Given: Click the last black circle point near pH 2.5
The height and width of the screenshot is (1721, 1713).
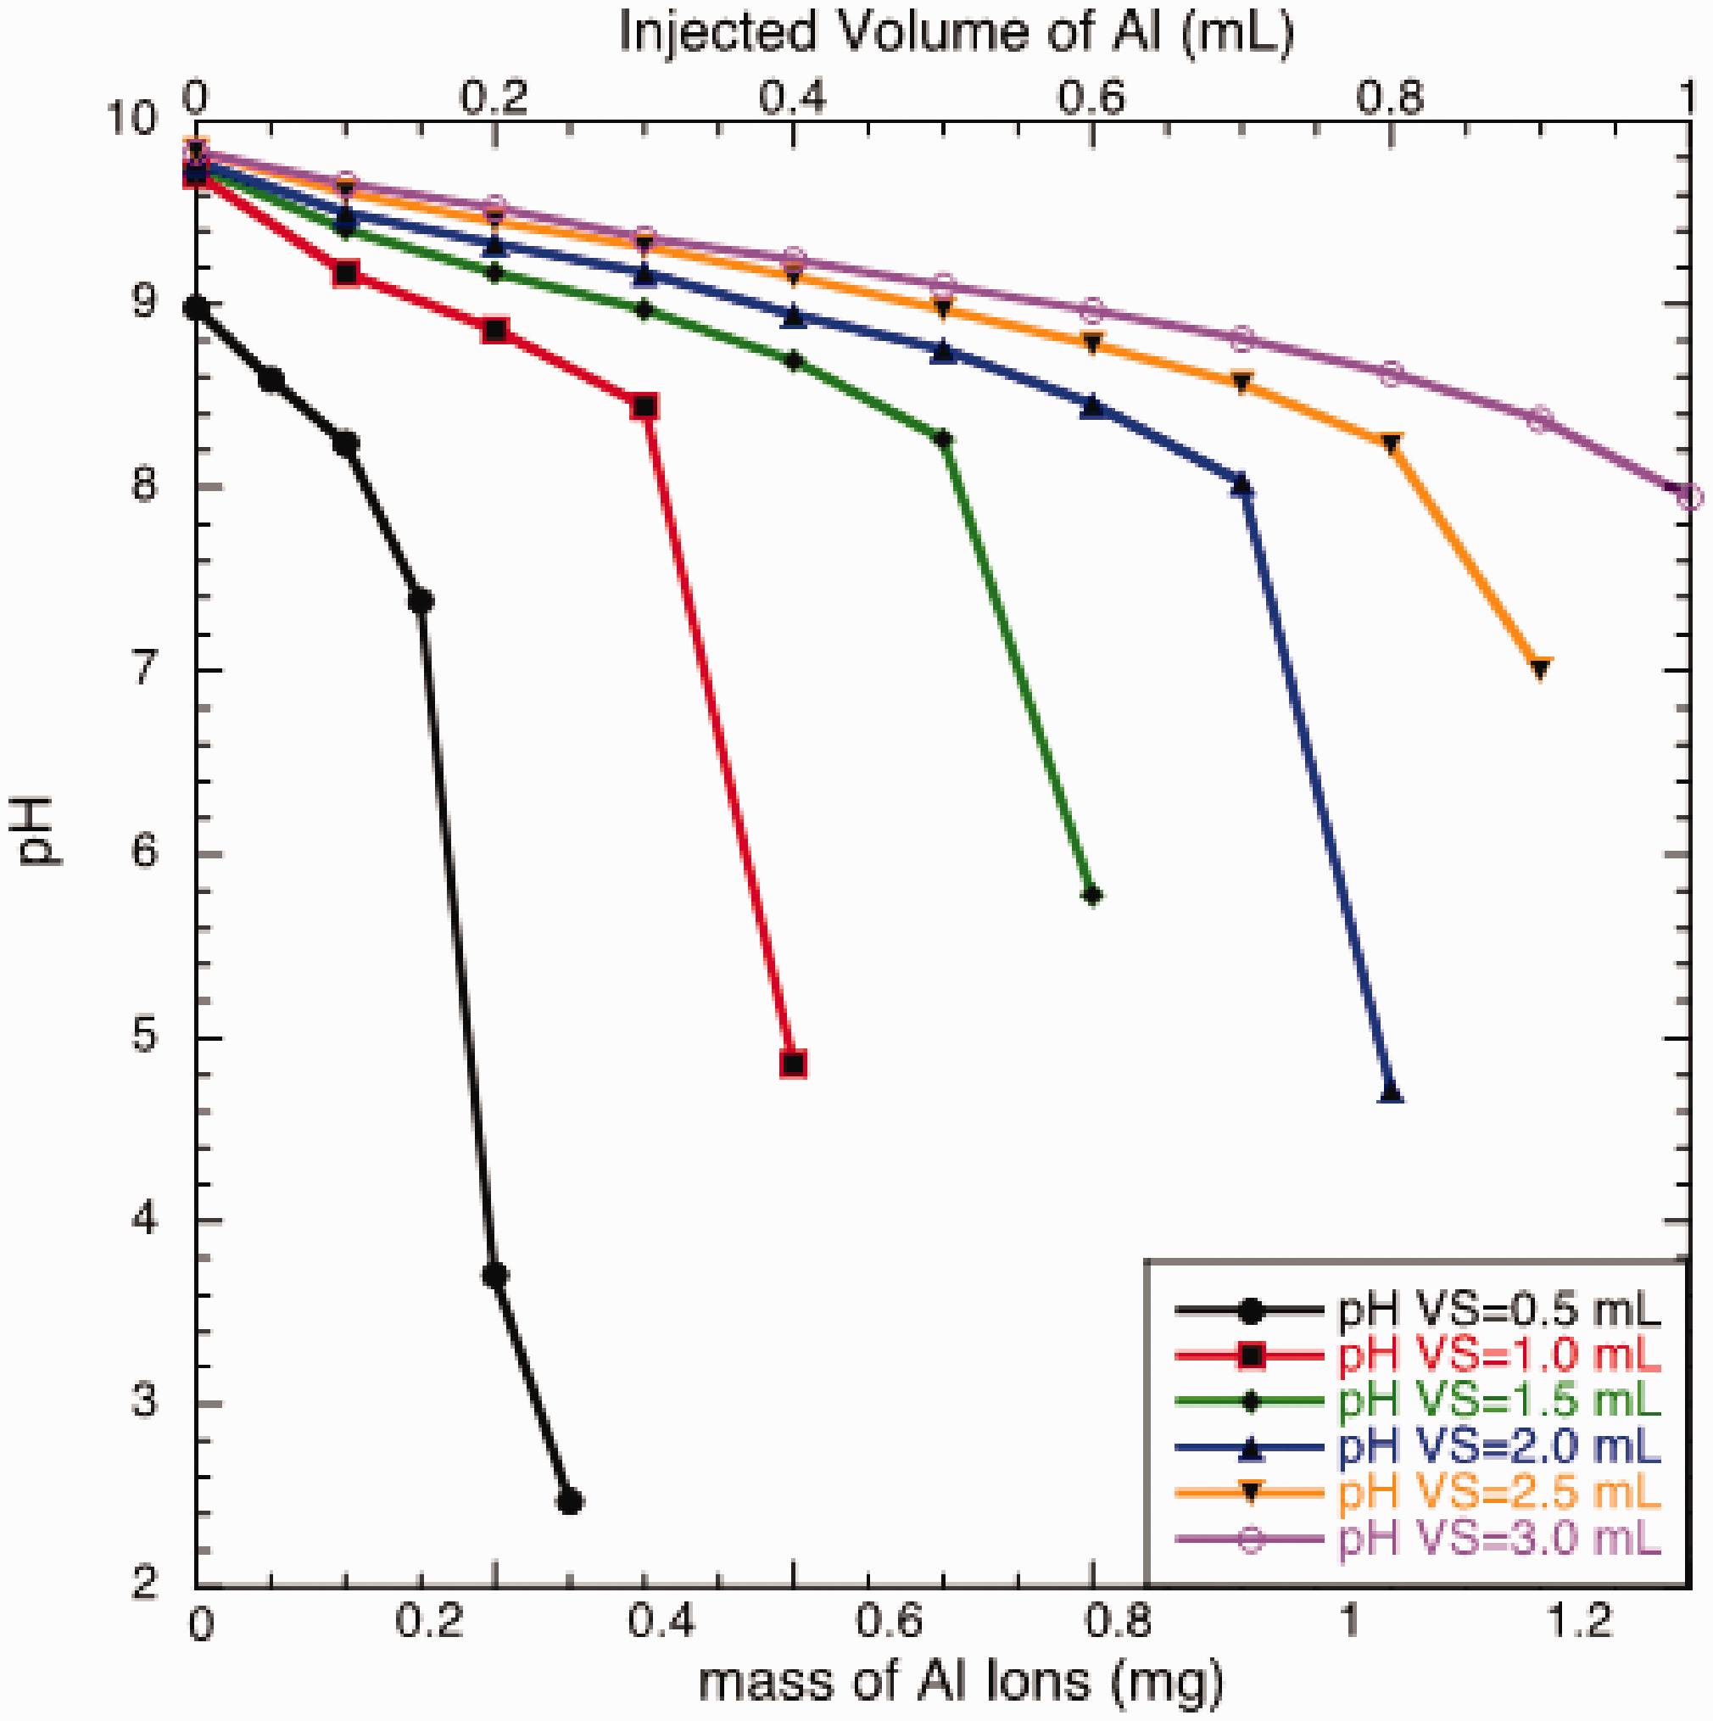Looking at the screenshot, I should (570, 1502).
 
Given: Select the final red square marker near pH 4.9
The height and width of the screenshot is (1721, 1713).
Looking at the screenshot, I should (793, 1064).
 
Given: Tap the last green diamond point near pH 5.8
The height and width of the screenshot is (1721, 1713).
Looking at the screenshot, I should (1093, 895).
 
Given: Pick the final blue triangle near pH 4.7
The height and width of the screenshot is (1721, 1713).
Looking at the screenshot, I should (1392, 1094).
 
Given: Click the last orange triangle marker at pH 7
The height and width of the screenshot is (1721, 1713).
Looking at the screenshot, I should (1540, 668).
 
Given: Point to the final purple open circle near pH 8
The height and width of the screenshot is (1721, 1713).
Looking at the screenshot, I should (1690, 496).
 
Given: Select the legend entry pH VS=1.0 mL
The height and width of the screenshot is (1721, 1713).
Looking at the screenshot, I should (1499, 1355).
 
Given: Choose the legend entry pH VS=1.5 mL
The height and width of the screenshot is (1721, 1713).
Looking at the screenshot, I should (1499, 1401).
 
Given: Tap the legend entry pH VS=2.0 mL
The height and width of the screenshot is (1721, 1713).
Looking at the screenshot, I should (1499, 1448).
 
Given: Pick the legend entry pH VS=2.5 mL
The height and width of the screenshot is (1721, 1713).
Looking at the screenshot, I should (1499, 1493).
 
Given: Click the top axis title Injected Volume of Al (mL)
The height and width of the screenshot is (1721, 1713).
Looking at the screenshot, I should (956, 34).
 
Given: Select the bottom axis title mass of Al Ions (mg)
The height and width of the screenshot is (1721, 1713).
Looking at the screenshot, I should (960, 1682).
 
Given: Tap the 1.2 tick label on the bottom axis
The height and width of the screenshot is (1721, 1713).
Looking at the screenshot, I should (1578, 1621).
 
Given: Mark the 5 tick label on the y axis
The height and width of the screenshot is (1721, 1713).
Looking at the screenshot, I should (145, 1037).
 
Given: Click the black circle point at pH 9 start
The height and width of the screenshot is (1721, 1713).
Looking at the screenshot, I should (197, 309).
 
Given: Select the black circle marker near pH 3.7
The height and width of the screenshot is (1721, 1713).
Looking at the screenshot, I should (495, 1275).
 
